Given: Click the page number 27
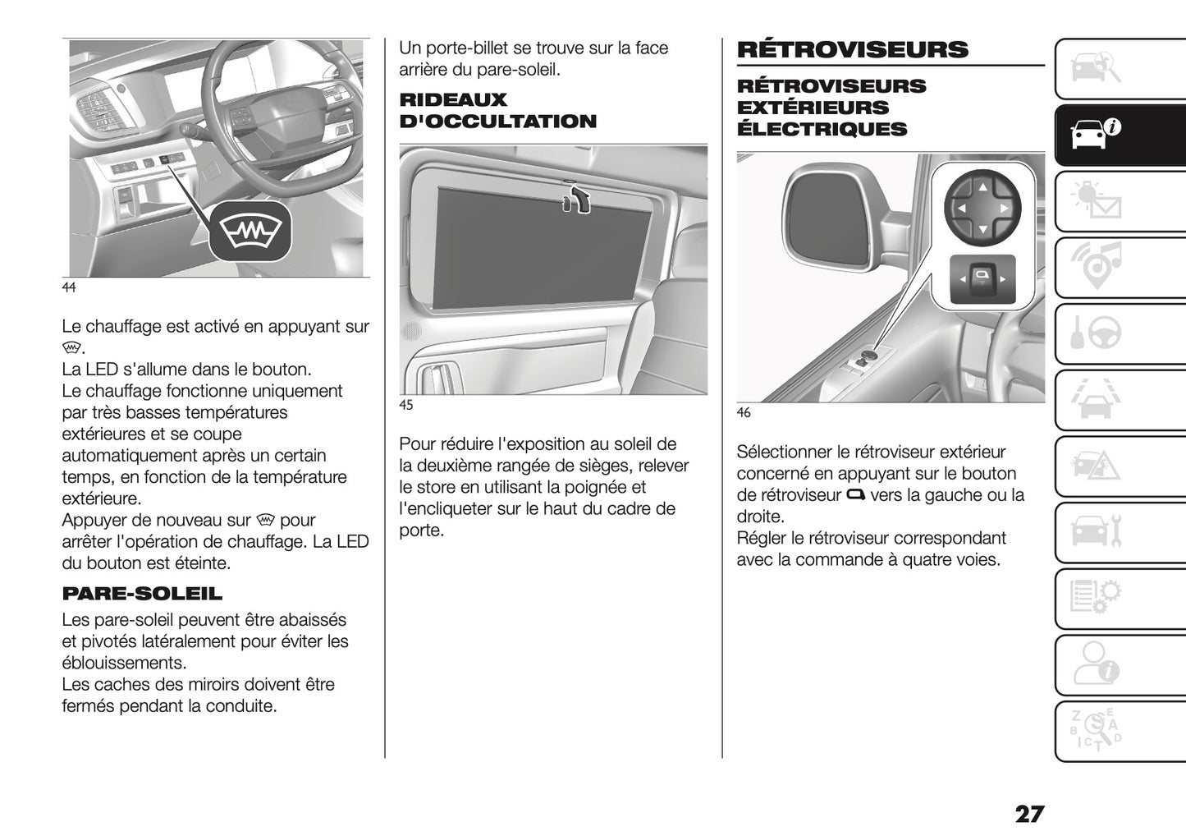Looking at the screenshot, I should (1029, 814).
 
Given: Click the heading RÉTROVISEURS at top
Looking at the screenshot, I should (853, 49).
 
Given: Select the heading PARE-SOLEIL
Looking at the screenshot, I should (142, 593).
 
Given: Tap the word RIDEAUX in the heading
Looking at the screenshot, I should (453, 100).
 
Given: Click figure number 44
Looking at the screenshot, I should (69, 287).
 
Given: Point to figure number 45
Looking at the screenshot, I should (406, 405).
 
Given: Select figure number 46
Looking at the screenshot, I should (744, 412).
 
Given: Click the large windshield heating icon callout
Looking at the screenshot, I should (250, 232).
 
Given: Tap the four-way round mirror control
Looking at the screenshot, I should (982, 209).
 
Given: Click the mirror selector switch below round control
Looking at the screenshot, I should (982, 280).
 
